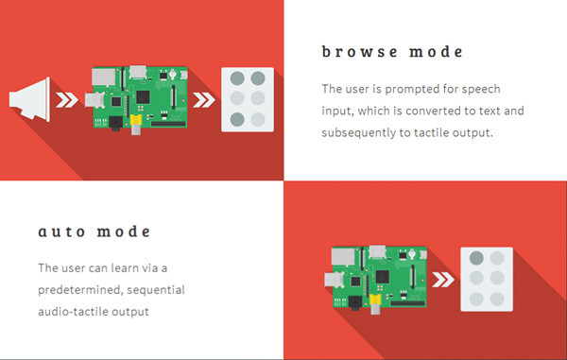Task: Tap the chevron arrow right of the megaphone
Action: (x=67, y=100)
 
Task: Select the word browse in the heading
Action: (x=360, y=52)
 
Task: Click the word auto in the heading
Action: (x=61, y=231)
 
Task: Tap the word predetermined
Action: (x=80, y=290)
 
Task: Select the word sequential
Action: (x=156, y=290)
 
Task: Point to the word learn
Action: (x=125, y=267)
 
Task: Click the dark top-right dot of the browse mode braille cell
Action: (x=258, y=78)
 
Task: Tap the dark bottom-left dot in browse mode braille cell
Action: (x=237, y=119)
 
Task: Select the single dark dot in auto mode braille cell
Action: (x=476, y=258)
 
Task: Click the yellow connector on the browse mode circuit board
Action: (x=135, y=120)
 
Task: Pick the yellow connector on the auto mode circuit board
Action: (x=375, y=300)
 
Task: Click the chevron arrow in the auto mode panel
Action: (x=443, y=280)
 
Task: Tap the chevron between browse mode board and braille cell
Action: (x=204, y=100)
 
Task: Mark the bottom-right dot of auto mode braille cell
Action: (x=497, y=299)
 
